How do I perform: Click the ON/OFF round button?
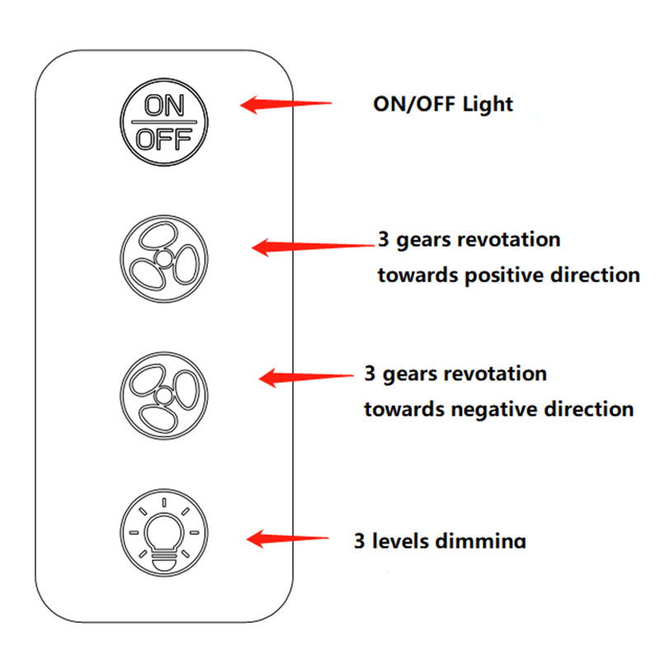pyautogui.click(x=164, y=122)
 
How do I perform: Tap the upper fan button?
pyautogui.click(x=164, y=259)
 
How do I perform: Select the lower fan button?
pyautogui.click(x=164, y=396)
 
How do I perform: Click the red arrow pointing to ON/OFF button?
pyautogui.click(x=285, y=105)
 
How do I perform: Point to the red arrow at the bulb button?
pyautogui.click(x=287, y=539)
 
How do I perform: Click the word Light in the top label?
pyautogui.click(x=488, y=105)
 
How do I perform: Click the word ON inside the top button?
pyautogui.click(x=164, y=106)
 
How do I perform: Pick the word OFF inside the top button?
pyautogui.click(x=164, y=139)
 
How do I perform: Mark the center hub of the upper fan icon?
pyautogui.click(x=164, y=258)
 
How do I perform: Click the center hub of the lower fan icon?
pyautogui.click(x=164, y=396)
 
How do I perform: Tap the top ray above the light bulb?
pyautogui.click(x=164, y=502)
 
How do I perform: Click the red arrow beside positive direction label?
pyautogui.click(x=313, y=247)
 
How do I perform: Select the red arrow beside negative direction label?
pyautogui.click(x=306, y=378)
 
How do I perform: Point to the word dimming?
pyautogui.click(x=481, y=541)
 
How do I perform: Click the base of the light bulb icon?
pyautogui.click(x=164, y=562)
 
